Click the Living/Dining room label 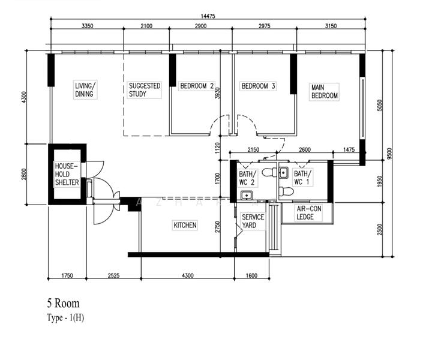pyautogui.click(x=85, y=90)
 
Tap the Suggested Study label pyautogui.click(x=145, y=90)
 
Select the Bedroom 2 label pyautogui.click(x=197, y=86)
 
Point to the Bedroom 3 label pyautogui.click(x=259, y=86)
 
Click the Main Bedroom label pyautogui.click(x=325, y=92)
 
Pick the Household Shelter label pyautogui.click(x=67, y=174)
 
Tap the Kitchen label pyautogui.click(x=185, y=225)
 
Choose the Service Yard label pyautogui.click(x=253, y=221)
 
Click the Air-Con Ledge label pyautogui.click(x=309, y=213)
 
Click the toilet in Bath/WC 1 pyautogui.click(x=286, y=191)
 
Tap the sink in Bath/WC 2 pyautogui.click(x=247, y=195)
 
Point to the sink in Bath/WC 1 pyautogui.click(x=284, y=173)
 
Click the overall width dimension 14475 pyautogui.click(x=208, y=16)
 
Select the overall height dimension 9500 pyautogui.click(x=389, y=154)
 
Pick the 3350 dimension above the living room pyautogui.click(x=88, y=26)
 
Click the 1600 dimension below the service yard pyautogui.click(x=251, y=276)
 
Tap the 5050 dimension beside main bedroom pyautogui.click(x=380, y=106)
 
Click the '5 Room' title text pyautogui.click(x=64, y=303)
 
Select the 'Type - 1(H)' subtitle pyautogui.click(x=65, y=317)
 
